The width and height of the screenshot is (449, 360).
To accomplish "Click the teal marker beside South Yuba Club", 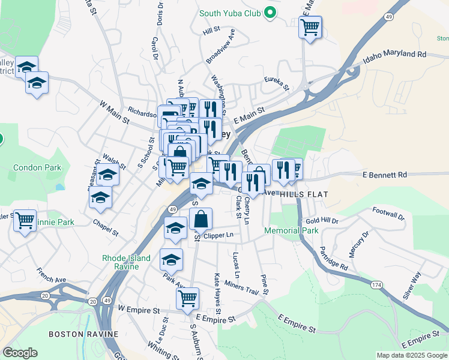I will [270, 11].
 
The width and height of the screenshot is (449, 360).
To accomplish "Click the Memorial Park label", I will [291, 230].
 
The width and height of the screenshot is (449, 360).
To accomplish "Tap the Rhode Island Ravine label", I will [129, 262].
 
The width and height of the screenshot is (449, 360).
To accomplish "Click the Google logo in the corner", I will [19, 353].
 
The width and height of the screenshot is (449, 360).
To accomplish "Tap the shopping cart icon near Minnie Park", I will [25, 221].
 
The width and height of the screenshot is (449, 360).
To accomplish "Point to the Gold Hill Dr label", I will [322, 221].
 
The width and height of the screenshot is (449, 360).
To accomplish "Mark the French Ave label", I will [52, 276].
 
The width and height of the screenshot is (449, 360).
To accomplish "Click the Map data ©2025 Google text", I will [411, 355].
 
